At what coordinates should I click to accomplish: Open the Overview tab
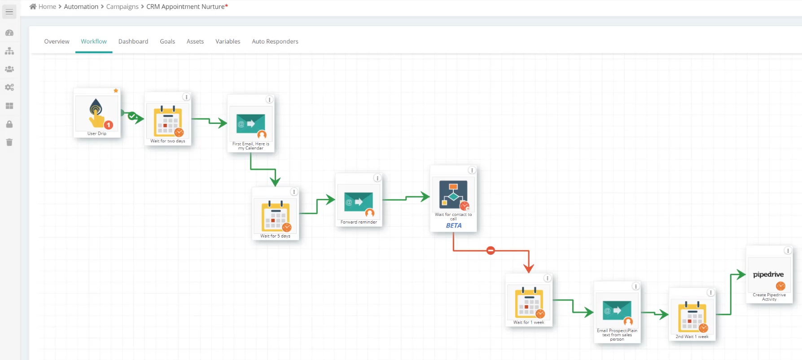(x=57, y=41)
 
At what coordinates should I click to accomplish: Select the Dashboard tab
(x=133, y=41)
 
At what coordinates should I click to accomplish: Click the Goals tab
(x=167, y=41)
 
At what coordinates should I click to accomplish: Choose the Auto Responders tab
(x=275, y=41)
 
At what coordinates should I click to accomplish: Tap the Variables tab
(x=228, y=41)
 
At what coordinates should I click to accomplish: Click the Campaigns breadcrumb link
(x=123, y=7)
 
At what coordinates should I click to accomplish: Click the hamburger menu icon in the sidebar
(x=9, y=12)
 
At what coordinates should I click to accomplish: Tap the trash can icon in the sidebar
(x=9, y=142)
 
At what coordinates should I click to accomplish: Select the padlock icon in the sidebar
(x=9, y=124)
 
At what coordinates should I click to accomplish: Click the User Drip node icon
(x=97, y=113)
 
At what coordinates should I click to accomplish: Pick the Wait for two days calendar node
(x=168, y=120)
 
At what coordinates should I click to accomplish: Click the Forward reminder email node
(x=359, y=202)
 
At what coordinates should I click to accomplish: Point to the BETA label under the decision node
(x=454, y=226)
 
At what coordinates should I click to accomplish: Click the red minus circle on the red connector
(x=491, y=250)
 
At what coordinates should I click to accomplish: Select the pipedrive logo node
(x=769, y=275)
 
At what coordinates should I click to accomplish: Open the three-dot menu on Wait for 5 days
(x=294, y=192)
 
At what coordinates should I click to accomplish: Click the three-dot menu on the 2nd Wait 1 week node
(x=710, y=292)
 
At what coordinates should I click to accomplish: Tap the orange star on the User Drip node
(x=116, y=91)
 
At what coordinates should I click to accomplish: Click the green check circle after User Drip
(x=131, y=116)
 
